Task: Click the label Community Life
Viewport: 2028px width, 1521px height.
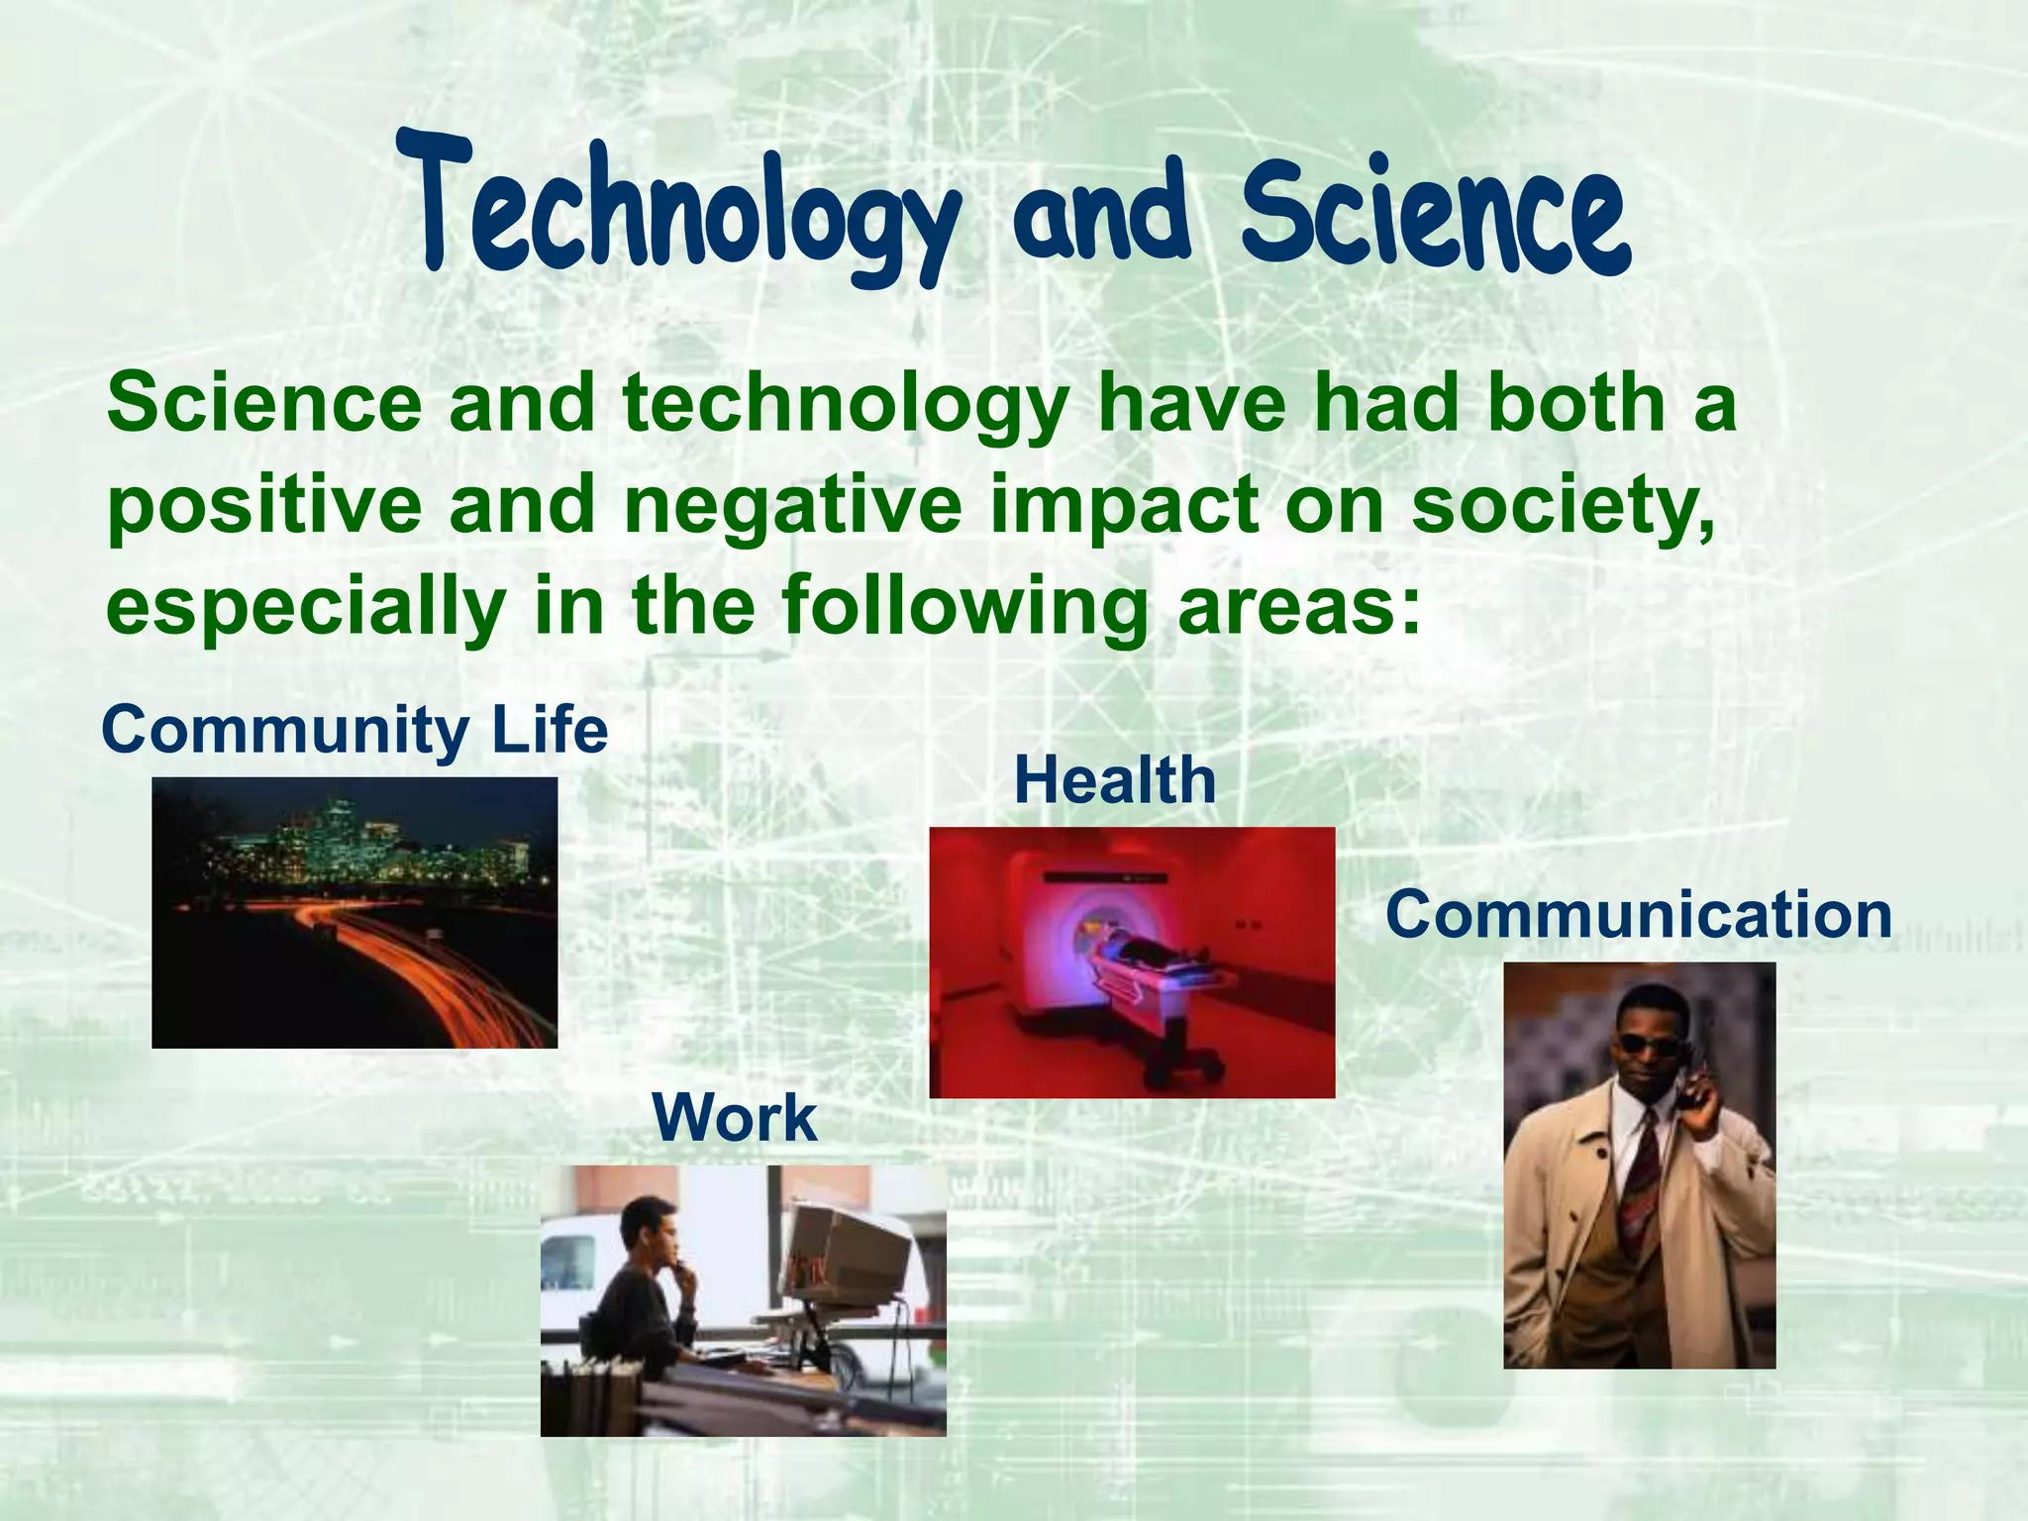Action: point(355,730)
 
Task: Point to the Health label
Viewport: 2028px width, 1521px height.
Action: point(1115,780)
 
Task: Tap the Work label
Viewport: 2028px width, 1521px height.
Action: point(735,1118)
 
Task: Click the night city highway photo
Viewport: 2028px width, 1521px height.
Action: point(355,912)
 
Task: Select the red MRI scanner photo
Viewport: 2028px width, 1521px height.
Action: point(1132,963)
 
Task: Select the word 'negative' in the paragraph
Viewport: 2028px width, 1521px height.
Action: point(792,507)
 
